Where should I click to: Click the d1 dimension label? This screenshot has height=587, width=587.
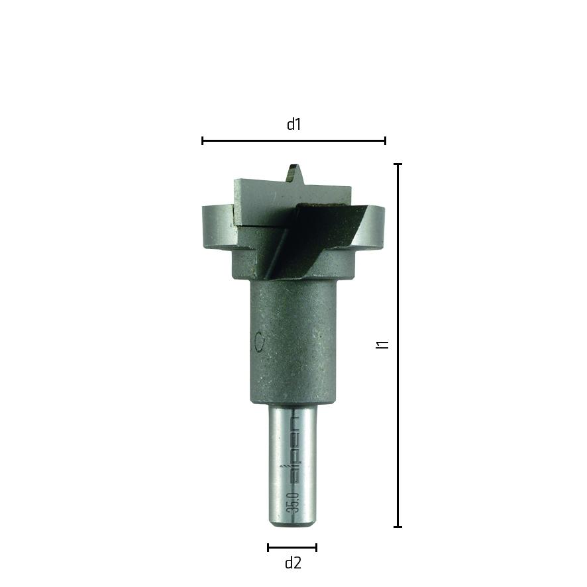tap(293, 125)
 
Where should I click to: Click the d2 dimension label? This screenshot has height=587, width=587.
tap(293, 562)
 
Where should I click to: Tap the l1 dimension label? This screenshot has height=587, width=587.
tap(382, 345)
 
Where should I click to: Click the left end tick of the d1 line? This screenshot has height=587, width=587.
tap(203, 140)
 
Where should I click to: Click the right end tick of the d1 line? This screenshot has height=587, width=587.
tap(385, 140)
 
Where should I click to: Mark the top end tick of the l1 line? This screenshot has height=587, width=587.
tap(398, 164)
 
